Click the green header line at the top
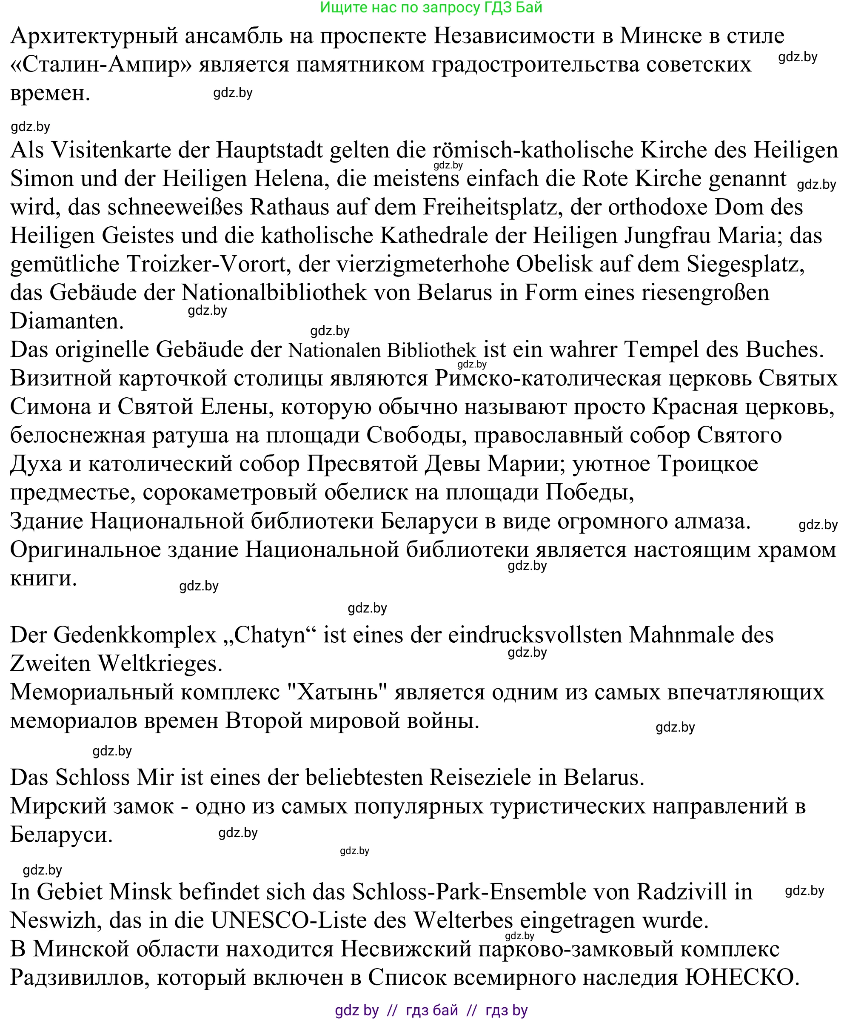coord(431,8)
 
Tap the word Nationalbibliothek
coord(274,293)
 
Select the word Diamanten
coord(67,321)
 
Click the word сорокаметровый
coord(230,493)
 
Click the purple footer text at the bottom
coord(431,1010)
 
